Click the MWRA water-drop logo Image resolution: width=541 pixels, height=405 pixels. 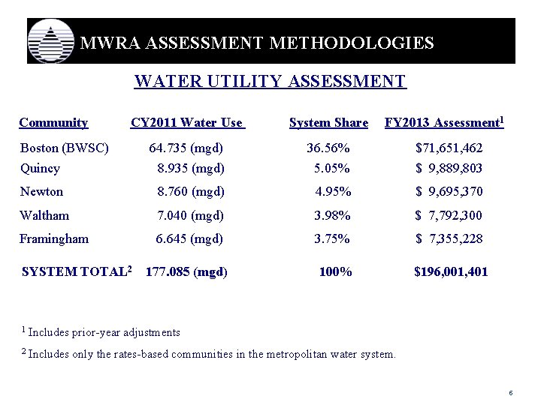(51, 42)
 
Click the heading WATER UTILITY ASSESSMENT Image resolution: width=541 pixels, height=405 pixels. (270, 81)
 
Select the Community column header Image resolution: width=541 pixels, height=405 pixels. (53, 123)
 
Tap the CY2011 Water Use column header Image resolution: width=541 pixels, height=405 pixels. (187, 123)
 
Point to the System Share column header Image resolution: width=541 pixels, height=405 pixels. (328, 123)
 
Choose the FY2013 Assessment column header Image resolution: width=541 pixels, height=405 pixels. (444, 122)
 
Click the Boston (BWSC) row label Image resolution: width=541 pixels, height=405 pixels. (65, 148)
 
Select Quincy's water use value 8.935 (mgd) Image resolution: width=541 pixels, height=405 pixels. (190, 168)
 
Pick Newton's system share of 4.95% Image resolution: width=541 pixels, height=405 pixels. (333, 192)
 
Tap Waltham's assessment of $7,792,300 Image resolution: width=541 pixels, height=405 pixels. (449, 216)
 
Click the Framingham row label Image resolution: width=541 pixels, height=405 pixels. (54, 239)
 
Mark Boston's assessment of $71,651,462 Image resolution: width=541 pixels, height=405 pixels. (449, 148)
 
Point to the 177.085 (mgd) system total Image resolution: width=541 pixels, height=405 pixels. (186, 271)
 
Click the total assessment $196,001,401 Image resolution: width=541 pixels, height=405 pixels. (451, 271)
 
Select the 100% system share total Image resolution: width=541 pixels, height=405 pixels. (335, 271)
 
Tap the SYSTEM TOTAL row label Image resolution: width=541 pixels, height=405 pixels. (77, 271)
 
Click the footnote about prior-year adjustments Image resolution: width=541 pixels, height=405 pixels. (101, 332)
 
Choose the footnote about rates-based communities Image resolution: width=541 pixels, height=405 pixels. (208, 354)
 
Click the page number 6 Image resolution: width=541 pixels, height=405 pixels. (510, 393)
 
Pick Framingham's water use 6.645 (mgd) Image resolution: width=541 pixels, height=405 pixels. (189, 239)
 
